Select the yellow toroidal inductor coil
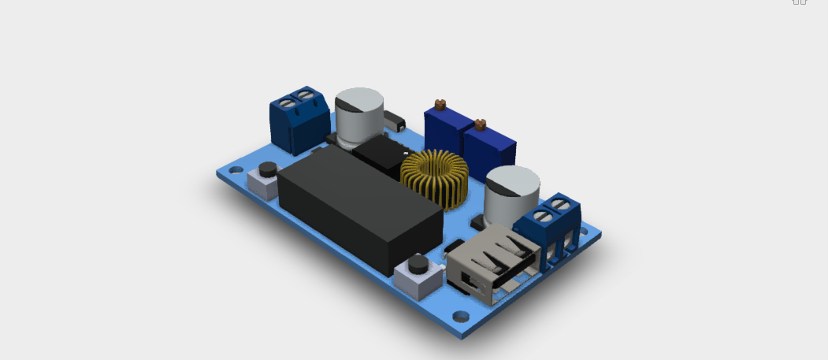tap(435, 177)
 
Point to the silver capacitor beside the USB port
tap(511, 197)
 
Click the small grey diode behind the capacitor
tap(394, 122)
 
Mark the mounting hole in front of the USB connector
tap(461, 317)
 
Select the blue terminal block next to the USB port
tap(558, 228)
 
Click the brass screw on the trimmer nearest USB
tap(478, 123)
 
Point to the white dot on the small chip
tap(403, 150)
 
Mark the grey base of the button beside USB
tap(418, 280)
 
